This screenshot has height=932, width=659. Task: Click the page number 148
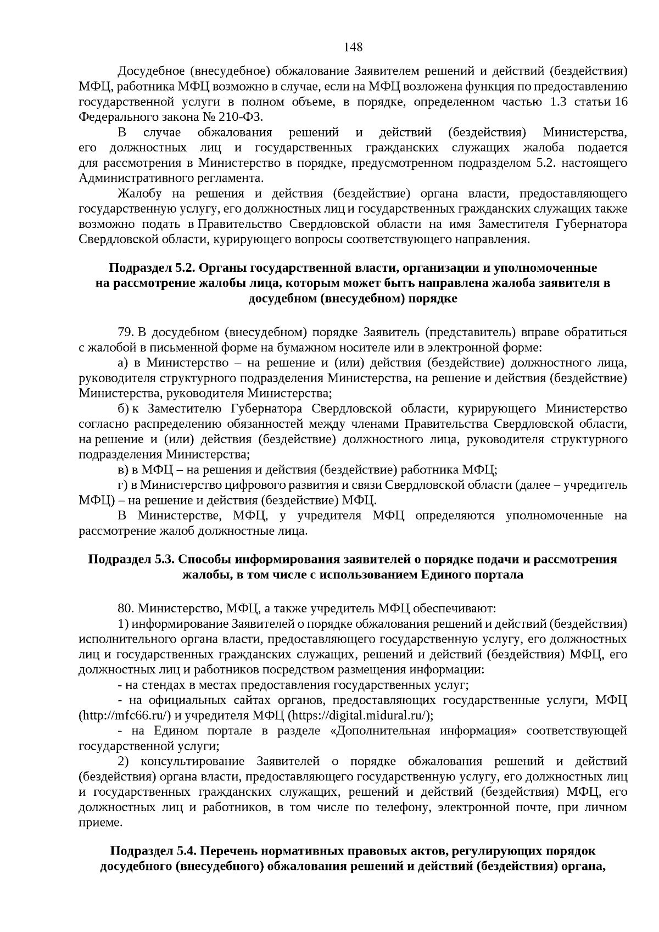(353, 47)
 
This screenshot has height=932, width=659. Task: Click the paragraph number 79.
(125, 332)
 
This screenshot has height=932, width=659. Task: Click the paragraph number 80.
(126, 609)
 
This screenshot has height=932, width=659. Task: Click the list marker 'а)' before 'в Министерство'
(123, 362)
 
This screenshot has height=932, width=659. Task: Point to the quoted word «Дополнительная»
(406, 731)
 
